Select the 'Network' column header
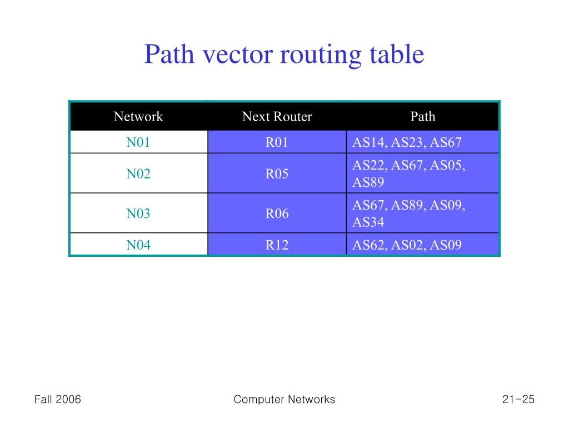[138, 117]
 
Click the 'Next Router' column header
[277, 117]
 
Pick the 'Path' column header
[422, 117]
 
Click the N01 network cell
[138, 142]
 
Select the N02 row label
[138, 173]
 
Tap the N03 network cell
[138, 213]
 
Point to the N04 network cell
[138, 245]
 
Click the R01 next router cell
[277, 142]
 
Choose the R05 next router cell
[277, 173]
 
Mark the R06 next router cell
[277, 213]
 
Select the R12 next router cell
[277, 245]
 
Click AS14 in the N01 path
[369, 142]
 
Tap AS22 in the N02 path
[369, 165]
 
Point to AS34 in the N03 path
[368, 222]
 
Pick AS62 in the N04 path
[369, 245]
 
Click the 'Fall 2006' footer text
[58, 399]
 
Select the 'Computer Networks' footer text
[284, 399]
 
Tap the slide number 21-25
[518, 399]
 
